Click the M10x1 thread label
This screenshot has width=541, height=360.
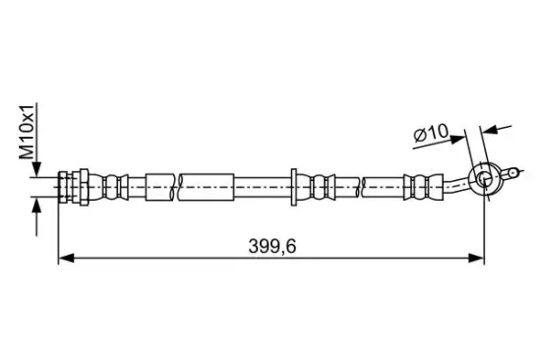coord(27,131)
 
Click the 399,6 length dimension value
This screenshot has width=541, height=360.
coord(272,247)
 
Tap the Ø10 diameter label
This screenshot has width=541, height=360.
coord(431,133)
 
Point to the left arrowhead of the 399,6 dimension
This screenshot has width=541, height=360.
coord(66,258)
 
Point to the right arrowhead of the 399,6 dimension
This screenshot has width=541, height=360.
coord(476,258)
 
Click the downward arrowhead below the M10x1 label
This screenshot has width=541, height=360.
coord(36,169)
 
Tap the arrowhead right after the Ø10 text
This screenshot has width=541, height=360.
coord(457,140)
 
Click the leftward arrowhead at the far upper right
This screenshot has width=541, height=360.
coord(490,130)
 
